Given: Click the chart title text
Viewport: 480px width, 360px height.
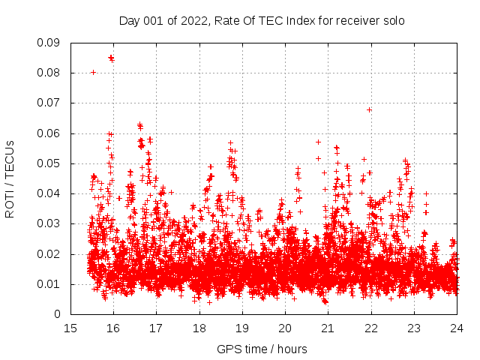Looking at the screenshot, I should (262, 21).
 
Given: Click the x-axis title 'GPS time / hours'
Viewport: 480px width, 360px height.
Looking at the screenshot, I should (262, 349).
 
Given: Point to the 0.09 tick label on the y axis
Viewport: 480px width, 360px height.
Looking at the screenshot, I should (50, 43).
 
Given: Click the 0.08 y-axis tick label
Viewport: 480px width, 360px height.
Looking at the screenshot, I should (50, 73).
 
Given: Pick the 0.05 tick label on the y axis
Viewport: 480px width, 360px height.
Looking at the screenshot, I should (50, 163).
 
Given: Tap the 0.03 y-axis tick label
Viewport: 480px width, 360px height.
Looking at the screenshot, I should (50, 223).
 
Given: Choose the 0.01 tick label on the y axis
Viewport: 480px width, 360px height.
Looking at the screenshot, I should (50, 283).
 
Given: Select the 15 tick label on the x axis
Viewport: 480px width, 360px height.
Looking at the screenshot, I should (70, 328).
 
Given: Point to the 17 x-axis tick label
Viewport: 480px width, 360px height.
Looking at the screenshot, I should (156, 328).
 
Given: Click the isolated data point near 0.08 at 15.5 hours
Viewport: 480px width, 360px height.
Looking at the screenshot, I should (93, 72).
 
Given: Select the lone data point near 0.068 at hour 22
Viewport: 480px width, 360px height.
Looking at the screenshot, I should (370, 109).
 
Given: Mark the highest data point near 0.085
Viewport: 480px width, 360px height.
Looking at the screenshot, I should (111, 57).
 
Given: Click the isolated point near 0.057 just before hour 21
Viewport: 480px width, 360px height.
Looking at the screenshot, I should (318, 142).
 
